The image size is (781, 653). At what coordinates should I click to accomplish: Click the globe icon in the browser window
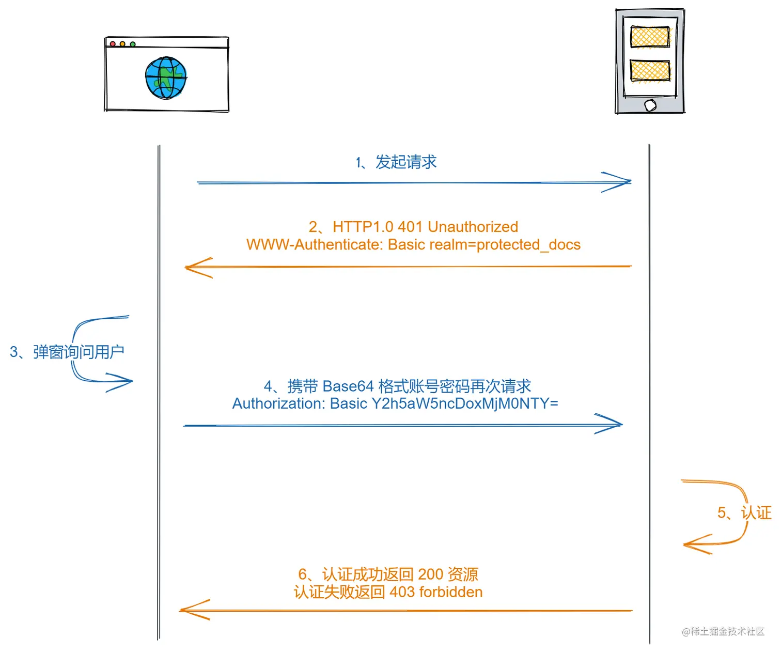166,78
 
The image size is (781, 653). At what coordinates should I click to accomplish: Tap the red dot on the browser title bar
113,44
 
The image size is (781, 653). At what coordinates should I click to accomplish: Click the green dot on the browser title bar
133,44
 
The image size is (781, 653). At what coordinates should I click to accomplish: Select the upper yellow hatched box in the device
650,37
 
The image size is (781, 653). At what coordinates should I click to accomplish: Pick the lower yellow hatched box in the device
650,70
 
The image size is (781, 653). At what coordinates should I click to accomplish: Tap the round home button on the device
650,105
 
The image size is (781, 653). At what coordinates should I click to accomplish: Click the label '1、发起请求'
396,162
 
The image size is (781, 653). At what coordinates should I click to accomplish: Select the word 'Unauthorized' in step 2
473,227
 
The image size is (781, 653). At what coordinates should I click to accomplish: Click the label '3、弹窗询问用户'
67,352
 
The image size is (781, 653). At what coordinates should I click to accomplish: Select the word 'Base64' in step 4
348,386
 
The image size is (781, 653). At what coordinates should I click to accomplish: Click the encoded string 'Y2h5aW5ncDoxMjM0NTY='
465,403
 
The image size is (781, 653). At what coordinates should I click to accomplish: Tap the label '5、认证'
744,512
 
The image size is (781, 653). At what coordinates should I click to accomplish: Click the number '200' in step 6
430,574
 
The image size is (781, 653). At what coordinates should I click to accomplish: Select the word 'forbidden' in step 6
450,592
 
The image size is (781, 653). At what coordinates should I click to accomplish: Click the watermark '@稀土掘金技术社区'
723,631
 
